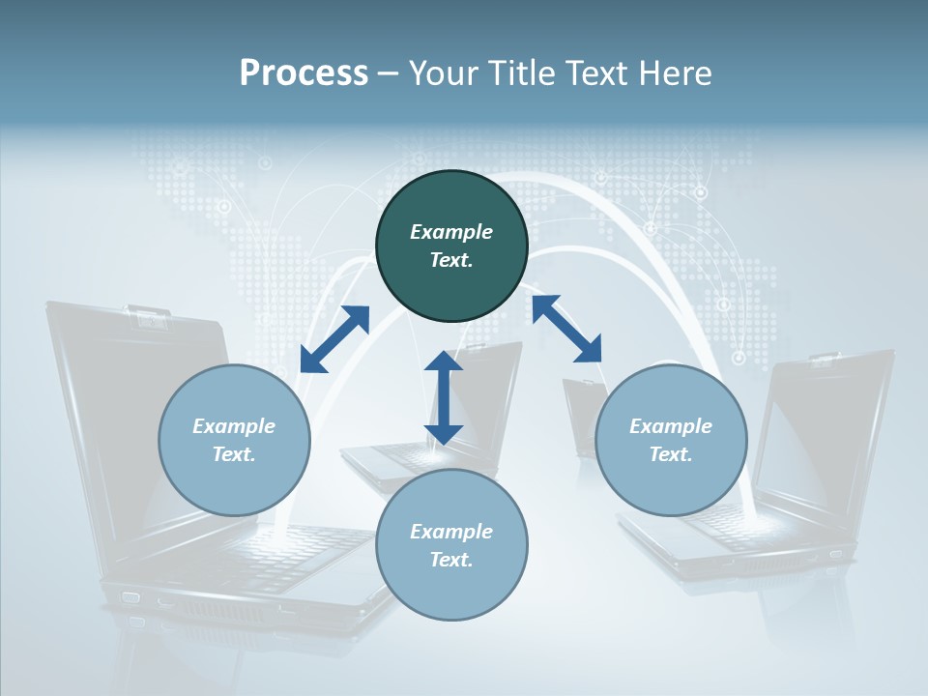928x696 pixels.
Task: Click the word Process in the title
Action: [304, 73]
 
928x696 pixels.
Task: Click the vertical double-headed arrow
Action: [443, 397]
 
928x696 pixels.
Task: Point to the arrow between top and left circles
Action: [334, 338]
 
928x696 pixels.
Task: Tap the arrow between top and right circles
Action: [566, 329]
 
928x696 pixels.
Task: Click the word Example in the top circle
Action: [451, 232]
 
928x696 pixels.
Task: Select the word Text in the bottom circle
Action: [450, 560]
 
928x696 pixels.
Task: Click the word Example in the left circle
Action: [234, 426]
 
